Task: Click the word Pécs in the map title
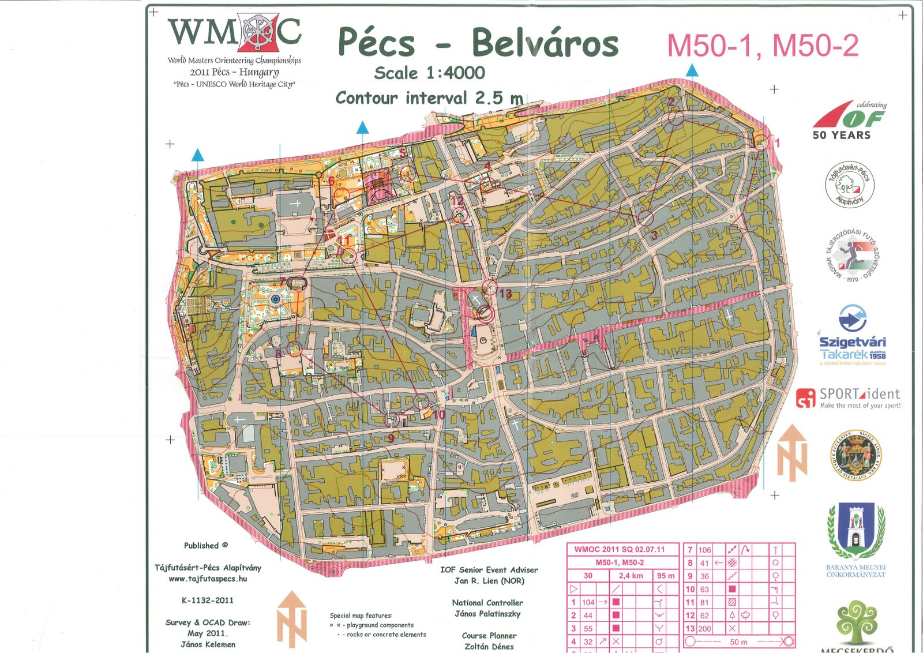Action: point(376,42)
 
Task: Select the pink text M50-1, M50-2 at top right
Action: point(763,46)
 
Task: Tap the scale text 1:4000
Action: point(456,73)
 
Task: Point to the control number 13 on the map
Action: point(505,294)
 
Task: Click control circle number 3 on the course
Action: point(645,218)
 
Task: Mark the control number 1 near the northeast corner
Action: point(777,143)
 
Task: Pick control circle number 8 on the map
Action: point(295,348)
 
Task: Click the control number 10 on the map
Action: point(439,414)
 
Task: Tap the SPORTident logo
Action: point(849,397)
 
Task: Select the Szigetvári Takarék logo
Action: point(852,335)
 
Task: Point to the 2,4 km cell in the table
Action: point(631,576)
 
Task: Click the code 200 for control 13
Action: point(704,629)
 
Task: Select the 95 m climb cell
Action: point(665,576)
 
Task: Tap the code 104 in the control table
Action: point(588,602)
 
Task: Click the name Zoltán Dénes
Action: point(489,647)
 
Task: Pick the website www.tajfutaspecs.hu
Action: point(208,579)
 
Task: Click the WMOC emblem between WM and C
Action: point(257,32)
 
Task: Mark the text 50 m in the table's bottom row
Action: point(738,642)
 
